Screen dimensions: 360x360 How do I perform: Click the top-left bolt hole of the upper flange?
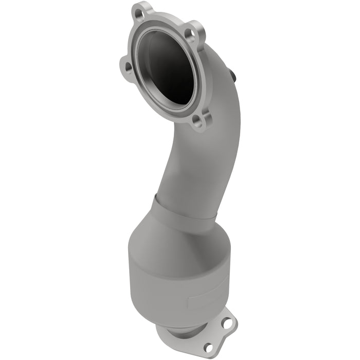138,11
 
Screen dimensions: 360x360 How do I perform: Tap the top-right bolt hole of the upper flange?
191,34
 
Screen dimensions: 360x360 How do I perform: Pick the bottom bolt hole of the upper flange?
195,121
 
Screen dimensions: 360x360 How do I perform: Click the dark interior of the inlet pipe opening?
170,67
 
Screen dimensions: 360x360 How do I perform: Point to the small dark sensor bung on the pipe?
235,76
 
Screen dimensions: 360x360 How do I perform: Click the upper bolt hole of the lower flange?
227,324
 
